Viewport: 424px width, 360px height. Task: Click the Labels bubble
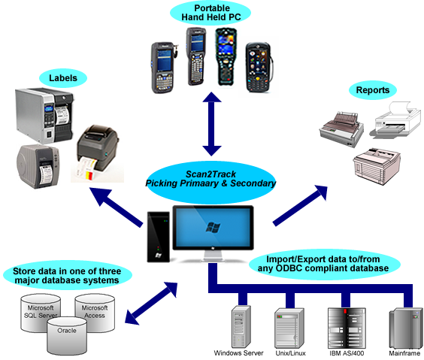(63, 78)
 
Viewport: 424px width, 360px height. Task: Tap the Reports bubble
(373, 90)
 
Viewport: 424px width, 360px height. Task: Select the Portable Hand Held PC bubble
(210, 13)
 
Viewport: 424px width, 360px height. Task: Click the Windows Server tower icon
(241, 327)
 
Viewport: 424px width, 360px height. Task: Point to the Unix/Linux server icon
(289, 328)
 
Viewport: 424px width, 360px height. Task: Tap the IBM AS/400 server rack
(347, 328)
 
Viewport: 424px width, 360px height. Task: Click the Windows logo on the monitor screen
(213, 227)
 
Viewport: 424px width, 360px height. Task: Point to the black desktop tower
(159, 237)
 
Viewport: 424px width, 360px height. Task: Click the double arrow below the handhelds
(212, 124)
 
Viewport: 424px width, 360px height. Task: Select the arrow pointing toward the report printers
(301, 205)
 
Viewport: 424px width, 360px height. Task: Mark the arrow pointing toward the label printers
(116, 207)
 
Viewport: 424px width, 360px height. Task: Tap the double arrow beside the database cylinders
(151, 303)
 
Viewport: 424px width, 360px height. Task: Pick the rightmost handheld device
(259, 68)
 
